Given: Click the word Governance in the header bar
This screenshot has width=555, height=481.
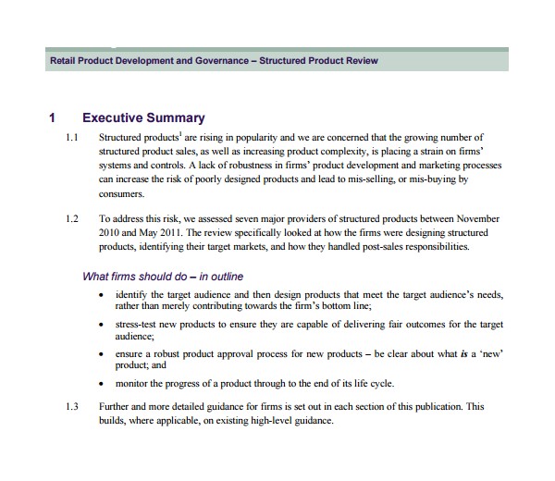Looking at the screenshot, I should (220, 61).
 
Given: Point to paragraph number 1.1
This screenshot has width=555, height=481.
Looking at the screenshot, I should (73, 138).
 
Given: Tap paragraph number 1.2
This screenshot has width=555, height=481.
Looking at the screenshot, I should (73, 219).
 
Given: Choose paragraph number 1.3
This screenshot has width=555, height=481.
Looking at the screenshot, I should (73, 407).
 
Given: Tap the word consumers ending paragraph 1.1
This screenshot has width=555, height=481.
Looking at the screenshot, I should (121, 194).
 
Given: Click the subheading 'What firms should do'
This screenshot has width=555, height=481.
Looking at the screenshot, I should (163, 276).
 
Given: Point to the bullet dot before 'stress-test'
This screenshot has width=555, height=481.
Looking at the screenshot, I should (101, 326).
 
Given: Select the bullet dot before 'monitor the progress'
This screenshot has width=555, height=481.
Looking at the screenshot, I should (101, 383).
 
